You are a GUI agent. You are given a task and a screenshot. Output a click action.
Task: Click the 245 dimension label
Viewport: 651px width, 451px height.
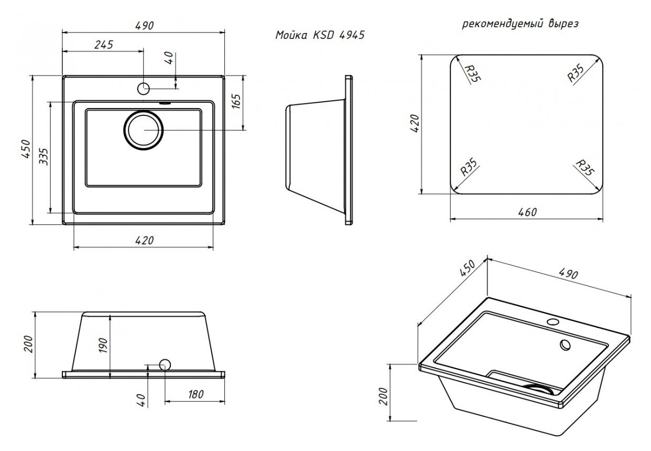click(x=103, y=45)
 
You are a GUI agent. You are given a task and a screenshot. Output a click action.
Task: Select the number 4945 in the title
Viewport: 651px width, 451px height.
click(x=351, y=36)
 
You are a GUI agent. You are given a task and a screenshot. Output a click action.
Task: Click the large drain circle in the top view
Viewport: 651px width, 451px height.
click(x=144, y=130)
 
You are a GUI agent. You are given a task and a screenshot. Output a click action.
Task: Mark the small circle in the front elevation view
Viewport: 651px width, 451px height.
click(x=165, y=364)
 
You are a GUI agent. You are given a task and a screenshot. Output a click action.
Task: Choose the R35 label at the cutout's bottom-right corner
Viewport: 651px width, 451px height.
click(x=583, y=168)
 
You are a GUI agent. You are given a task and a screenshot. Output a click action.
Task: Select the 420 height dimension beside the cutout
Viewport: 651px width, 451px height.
click(x=414, y=125)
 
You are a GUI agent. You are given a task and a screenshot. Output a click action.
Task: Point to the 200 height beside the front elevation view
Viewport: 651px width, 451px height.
click(x=28, y=344)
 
